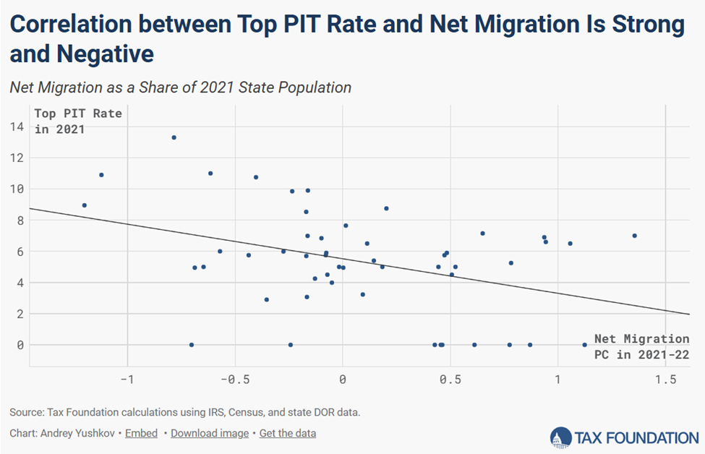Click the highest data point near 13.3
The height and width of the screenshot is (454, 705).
click(x=174, y=137)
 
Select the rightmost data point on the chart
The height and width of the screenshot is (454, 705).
click(x=634, y=236)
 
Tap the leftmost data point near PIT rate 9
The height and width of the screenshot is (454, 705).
click(x=85, y=205)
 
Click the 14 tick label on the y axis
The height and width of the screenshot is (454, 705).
click(x=17, y=127)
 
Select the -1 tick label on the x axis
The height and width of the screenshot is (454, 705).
click(x=127, y=380)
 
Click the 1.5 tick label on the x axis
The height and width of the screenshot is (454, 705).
click(x=665, y=380)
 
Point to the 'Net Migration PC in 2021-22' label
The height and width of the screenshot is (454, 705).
click(x=641, y=346)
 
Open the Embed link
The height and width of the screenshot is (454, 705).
click(x=141, y=433)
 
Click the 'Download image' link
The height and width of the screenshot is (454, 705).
click(x=210, y=433)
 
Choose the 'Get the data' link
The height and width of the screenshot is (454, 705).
click(x=288, y=433)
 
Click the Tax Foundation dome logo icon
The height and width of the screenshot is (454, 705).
click(x=561, y=437)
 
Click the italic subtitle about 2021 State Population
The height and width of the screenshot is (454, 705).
click(x=181, y=87)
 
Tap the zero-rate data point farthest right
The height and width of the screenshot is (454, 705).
click(x=584, y=345)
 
